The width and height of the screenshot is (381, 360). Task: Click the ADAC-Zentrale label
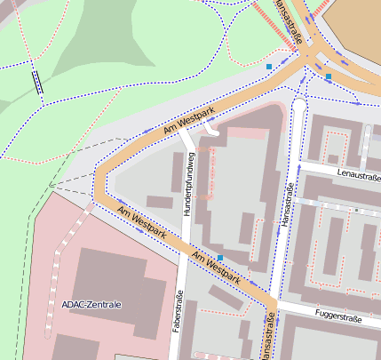click(91, 304)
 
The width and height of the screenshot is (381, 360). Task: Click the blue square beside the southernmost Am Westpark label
click(220, 259)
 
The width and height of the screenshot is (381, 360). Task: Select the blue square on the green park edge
click(269, 66)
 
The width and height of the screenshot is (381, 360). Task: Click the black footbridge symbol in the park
click(36, 81)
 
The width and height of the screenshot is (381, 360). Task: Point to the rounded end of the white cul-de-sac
click(298, 105)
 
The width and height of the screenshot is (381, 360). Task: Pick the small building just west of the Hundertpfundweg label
click(160, 202)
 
